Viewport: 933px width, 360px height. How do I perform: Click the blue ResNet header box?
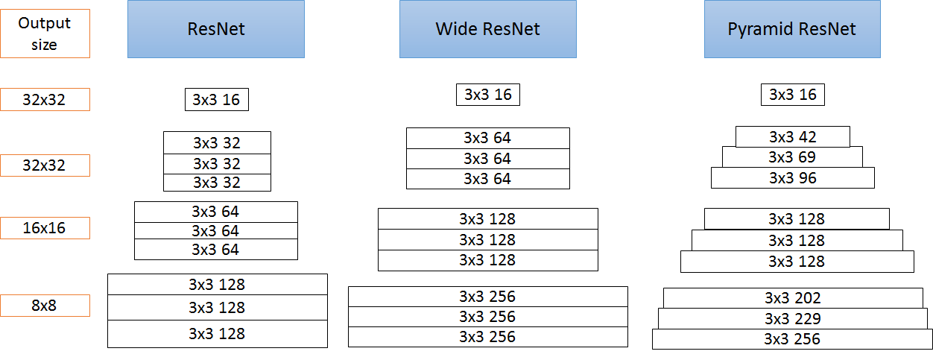(216, 29)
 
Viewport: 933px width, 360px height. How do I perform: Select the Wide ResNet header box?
(487, 29)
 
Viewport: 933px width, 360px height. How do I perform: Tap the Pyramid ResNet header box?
(791, 29)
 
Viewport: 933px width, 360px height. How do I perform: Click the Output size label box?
(45, 34)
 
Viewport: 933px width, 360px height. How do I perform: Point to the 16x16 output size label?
(45, 228)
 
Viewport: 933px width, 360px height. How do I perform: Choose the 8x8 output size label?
(45, 306)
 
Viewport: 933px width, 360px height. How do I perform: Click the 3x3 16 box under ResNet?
(216, 100)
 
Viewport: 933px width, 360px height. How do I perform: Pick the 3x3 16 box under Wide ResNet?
(488, 95)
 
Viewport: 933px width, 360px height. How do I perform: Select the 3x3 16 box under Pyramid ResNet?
(793, 95)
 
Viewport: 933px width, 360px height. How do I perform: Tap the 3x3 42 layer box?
(793, 137)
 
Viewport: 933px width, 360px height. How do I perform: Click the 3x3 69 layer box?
(792, 157)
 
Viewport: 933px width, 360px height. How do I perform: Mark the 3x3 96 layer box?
(793, 178)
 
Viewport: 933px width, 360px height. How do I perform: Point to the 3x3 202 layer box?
(793, 298)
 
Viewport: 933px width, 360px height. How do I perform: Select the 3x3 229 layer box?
(793, 319)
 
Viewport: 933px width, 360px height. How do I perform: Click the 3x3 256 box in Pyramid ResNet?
(793, 340)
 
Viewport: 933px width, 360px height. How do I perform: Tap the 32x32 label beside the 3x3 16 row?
(45, 100)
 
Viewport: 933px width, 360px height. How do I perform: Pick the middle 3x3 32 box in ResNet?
(217, 164)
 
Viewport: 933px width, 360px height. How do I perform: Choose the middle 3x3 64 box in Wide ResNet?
(488, 159)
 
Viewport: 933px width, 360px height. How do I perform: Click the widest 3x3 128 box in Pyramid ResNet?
(797, 262)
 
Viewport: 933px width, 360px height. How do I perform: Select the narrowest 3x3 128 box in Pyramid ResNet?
(797, 219)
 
